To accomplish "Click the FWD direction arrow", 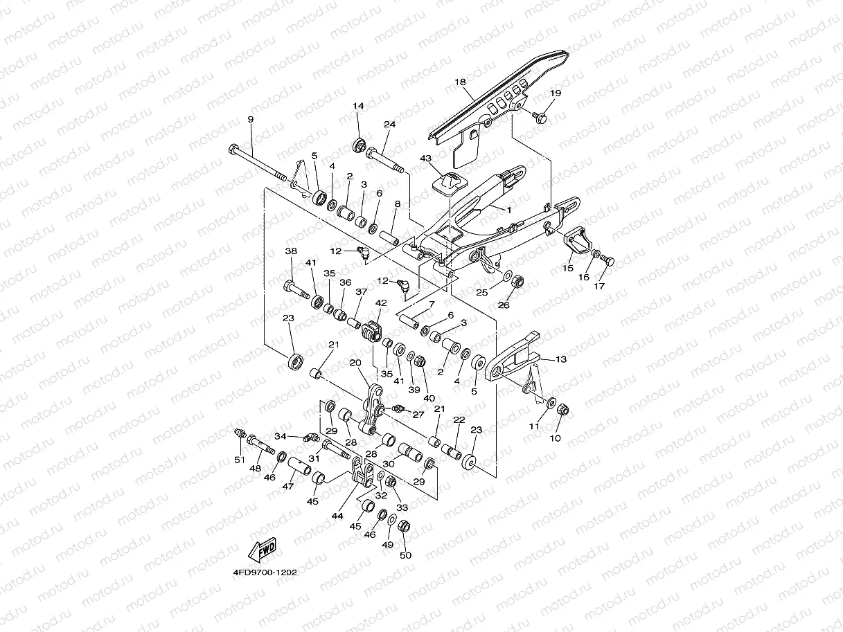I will point(263,551).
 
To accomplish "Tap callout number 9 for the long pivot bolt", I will point(251,120).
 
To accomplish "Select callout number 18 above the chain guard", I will point(460,82).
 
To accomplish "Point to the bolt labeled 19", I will point(541,118).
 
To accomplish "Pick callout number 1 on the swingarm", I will point(510,209).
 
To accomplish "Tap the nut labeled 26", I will point(517,282).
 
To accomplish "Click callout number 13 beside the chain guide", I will point(561,359).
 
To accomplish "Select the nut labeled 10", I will point(562,410).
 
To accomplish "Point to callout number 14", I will point(358,106).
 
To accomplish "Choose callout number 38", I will point(291,251).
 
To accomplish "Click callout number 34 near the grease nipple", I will point(280,436).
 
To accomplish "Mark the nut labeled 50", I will point(405,526).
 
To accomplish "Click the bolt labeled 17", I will point(609,261).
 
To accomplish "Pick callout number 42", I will point(381,303).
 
